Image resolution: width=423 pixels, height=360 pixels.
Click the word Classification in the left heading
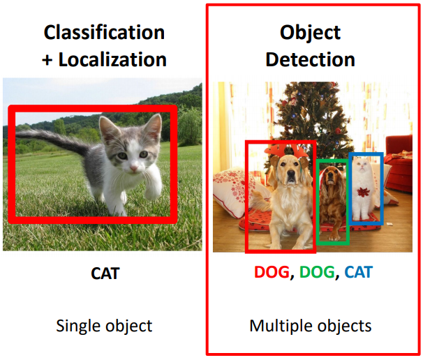[104, 32]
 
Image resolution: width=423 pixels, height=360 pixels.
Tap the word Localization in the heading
[112, 59]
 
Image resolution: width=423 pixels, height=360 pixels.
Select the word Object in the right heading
[309, 32]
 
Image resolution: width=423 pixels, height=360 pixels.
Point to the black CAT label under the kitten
[105, 273]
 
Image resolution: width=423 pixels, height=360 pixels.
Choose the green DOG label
[316, 272]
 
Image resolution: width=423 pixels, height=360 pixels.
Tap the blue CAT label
[358, 272]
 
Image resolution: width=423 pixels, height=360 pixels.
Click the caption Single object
[104, 325]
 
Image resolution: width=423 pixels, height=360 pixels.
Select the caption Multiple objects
[310, 325]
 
